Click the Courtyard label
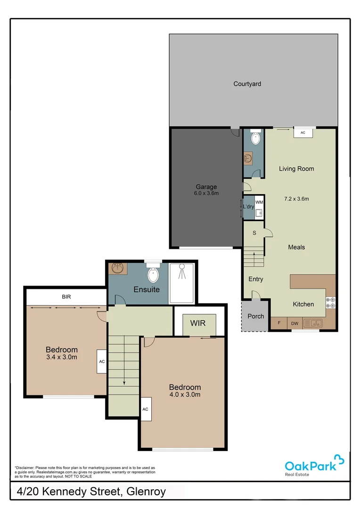point(247,84)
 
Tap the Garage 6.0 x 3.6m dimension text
point(206,193)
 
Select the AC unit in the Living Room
point(303,133)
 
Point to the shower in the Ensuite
point(181,283)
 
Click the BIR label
point(66,297)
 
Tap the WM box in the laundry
point(259,202)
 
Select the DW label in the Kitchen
point(295,323)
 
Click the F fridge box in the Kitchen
point(279,323)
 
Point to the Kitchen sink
point(313,323)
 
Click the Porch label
point(256,316)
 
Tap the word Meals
point(296,247)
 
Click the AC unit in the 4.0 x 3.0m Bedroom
point(145,409)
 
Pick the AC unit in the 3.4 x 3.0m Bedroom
point(102,361)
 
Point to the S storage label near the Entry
point(254,233)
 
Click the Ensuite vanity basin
point(117,269)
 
